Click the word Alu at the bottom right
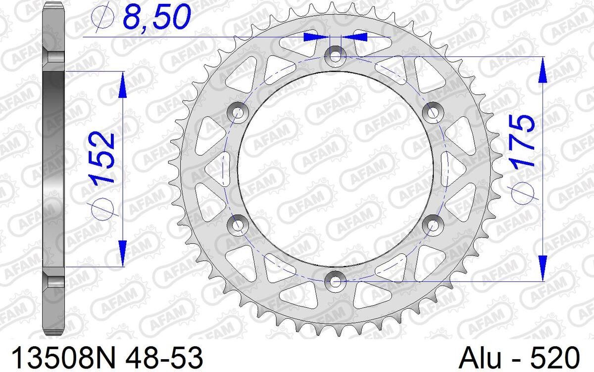pos(480,358)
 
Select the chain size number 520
pos(559,358)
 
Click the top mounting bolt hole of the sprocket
pos(336,56)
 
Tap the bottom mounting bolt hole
pos(336,281)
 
